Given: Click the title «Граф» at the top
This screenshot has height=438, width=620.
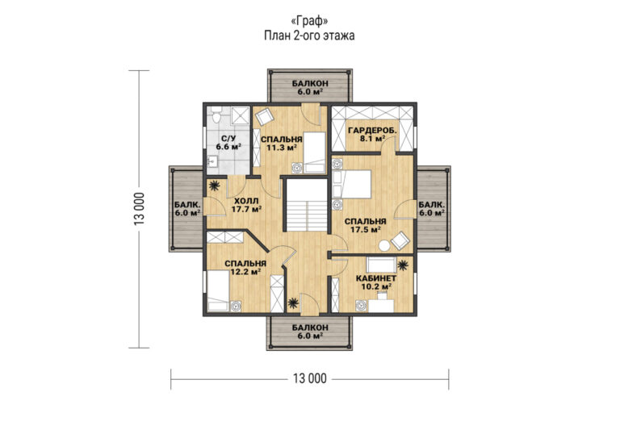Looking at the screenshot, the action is [x=309, y=20].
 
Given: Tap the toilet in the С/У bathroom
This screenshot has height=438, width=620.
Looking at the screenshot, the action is [x=216, y=115].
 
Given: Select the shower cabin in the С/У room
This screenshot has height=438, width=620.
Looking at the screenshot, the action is [x=239, y=116].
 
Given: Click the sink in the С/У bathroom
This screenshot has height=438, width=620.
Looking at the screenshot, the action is [x=212, y=161].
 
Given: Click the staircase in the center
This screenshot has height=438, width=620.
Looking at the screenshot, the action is [x=307, y=205].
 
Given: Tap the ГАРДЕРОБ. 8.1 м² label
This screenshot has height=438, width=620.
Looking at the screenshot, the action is [x=372, y=134].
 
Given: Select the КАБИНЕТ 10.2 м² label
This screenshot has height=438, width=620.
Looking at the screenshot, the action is [x=376, y=282].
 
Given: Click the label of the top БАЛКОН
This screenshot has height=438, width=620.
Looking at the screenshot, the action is [x=310, y=87].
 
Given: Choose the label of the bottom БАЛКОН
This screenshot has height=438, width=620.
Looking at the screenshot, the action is [x=310, y=332].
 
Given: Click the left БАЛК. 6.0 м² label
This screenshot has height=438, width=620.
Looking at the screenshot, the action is [x=187, y=209].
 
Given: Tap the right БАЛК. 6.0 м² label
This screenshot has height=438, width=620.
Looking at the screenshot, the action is [x=432, y=209].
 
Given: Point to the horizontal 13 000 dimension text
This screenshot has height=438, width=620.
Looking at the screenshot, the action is [x=310, y=379].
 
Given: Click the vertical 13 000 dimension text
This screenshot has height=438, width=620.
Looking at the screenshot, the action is [x=139, y=209].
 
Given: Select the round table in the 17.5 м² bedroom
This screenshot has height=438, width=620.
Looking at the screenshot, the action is [x=384, y=246].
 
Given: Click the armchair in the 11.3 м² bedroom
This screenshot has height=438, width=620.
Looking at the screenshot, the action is [x=264, y=116].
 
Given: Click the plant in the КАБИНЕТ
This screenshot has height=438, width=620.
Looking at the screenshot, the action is [x=403, y=265].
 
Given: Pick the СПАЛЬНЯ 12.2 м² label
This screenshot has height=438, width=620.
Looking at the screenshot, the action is [x=245, y=267].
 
